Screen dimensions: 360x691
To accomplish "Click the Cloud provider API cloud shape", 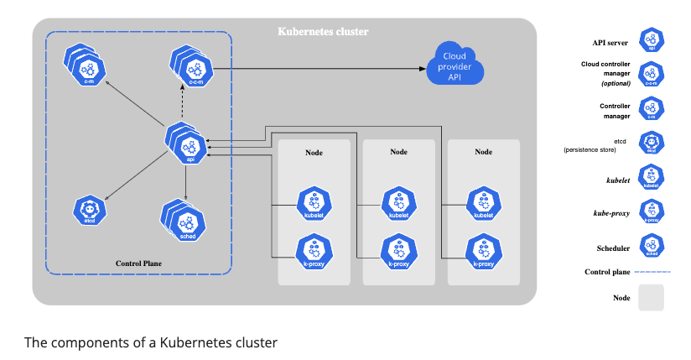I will pos(455,66).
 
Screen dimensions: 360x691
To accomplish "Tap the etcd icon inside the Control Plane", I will pos(88,210).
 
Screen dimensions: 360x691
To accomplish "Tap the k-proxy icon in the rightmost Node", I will pos(483,252).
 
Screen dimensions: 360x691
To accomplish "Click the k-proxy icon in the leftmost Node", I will pos(314,252).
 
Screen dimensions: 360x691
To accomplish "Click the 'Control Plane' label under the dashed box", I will pos(138,263).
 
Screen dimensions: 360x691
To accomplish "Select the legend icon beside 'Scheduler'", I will pos(652,246).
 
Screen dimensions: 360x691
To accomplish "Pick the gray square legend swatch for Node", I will pos(651,299).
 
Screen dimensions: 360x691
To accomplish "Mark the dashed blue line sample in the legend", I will pos(652,272).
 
